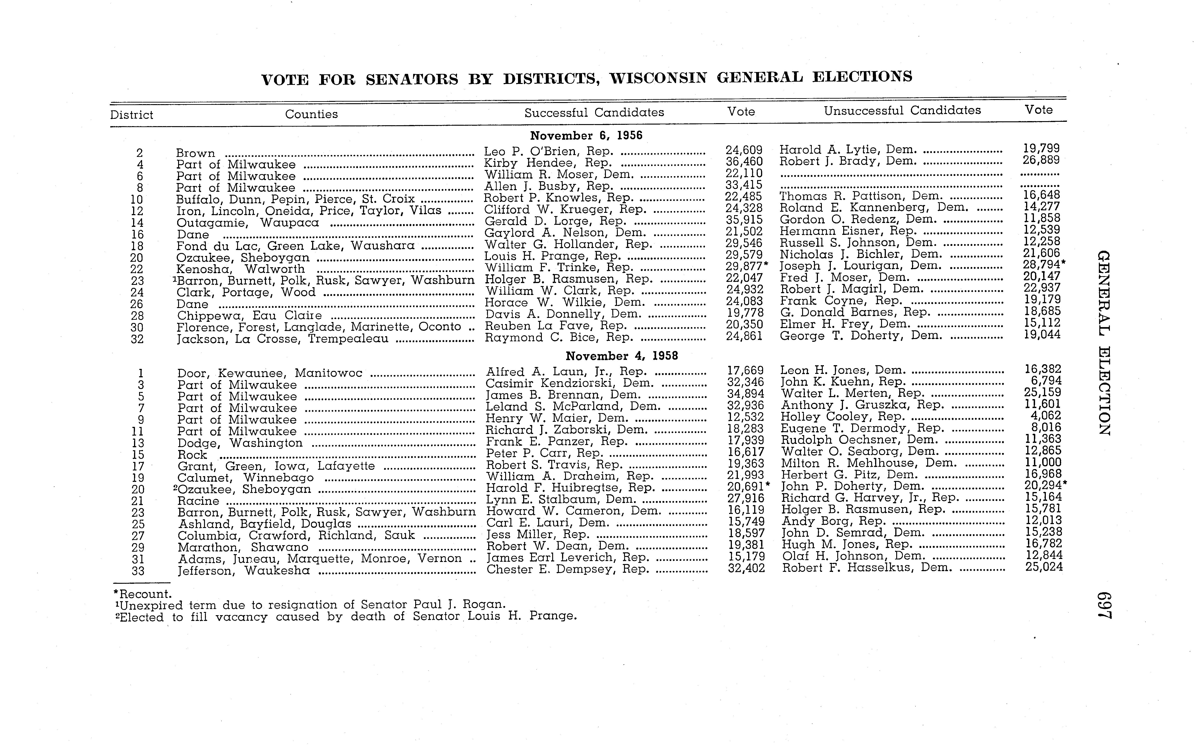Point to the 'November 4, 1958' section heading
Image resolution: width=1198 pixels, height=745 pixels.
coord(622,356)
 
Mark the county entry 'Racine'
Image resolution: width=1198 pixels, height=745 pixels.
coord(198,501)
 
